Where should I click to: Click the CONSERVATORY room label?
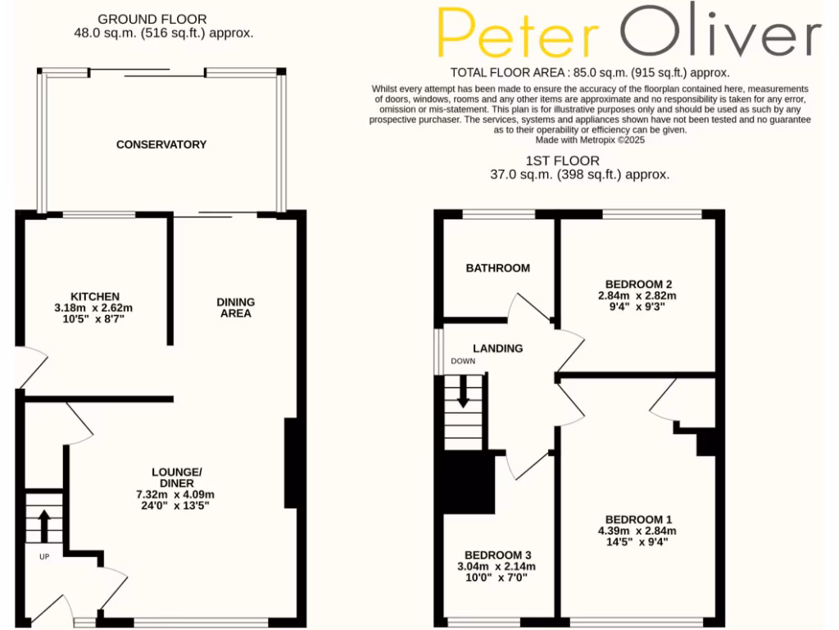[x=161, y=144]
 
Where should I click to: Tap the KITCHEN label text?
[x=96, y=296]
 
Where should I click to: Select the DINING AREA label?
[x=236, y=308]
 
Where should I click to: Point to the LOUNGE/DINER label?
[x=176, y=477]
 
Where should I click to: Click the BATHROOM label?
[x=498, y=268]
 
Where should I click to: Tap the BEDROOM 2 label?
[x=638, y=285]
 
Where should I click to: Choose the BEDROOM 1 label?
[x=638, y=519]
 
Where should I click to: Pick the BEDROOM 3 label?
[x=497, y=555]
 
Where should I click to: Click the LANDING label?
[x=498, y=349]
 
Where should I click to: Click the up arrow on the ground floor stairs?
[x=44, y=520]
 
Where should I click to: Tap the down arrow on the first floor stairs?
[x=463, y=391]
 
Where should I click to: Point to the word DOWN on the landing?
[x=462, y=361]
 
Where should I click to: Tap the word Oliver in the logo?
[x=720, y=34]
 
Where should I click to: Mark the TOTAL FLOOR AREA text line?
[x=590, y=73]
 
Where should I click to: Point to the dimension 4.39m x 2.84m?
[x=638, y=531]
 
